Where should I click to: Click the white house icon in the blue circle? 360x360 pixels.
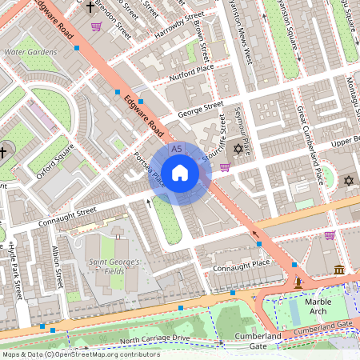coord(179,172)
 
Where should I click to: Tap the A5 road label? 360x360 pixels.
coord(177,150)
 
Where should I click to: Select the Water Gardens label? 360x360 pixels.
coord(30,52)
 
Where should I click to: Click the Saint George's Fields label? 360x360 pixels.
coord(114,267)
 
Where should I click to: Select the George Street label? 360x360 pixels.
coord(201,108)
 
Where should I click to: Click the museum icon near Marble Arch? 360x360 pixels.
coord(338,269)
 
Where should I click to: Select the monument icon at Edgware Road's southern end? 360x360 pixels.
coord(298,282)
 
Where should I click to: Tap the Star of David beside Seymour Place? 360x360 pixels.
coord(237,150)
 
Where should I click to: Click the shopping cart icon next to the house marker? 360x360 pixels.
coord(225,167)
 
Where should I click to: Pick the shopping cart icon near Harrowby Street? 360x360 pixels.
coord(96,26)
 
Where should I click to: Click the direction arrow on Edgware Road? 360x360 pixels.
coord(258,234)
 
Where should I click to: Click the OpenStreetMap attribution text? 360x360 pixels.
coord(81,354)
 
